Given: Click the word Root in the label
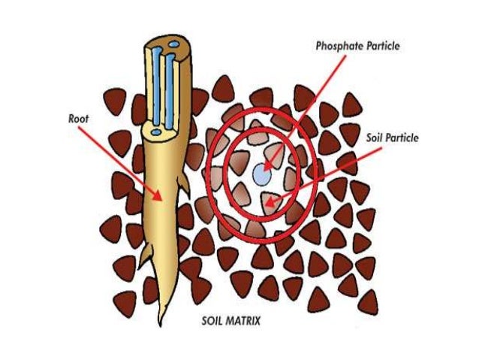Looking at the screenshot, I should pyautogui.click(x=78, y=118).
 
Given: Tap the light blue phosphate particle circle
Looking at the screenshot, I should pyautogui.click(x=261, y=174).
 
